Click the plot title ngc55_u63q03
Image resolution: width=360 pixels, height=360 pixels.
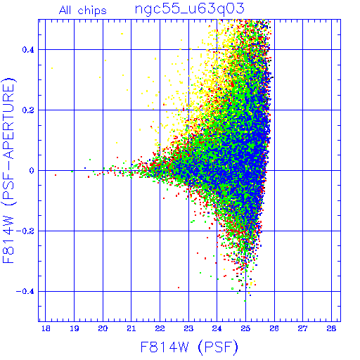tap(190, 10)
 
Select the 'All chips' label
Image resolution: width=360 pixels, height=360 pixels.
tap(83, 11)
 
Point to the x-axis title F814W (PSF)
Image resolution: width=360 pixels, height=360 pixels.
tap(189, 347)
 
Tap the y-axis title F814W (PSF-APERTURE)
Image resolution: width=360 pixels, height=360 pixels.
tap(8, 170)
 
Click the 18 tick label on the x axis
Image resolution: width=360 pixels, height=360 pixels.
tap(46, 328)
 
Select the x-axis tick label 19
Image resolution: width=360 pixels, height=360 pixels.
tap(75, 328)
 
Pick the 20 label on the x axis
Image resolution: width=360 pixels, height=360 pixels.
tap(103, 328)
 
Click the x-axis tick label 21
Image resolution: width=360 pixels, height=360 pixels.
tap(131, 328)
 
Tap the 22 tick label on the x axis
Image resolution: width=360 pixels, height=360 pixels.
tap(160, 328)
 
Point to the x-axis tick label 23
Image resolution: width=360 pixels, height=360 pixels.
tap(188, 328)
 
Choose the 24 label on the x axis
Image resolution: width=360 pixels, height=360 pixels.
tap(217, 328)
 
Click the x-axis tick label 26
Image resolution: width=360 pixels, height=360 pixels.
tap(274, 328)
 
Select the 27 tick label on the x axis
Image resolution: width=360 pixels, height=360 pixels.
tap(303, 328)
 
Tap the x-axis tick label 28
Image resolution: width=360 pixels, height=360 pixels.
tap(331, 328)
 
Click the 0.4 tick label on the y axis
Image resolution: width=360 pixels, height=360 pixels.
tap(28, 50)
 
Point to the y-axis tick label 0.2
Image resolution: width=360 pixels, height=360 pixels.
tap(28, 110)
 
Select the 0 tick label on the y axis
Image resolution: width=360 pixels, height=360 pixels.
tap(32, 171)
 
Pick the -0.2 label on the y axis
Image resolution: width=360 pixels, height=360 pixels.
tap(25, 231)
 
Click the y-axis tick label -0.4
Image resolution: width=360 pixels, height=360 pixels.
tap(25, 292)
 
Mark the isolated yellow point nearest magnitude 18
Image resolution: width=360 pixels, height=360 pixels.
tap(52, 68)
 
